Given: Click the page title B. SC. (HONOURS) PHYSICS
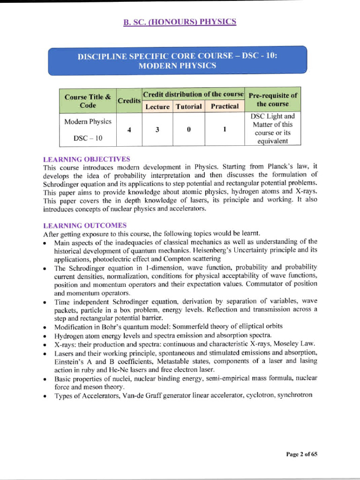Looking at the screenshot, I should point(180,22).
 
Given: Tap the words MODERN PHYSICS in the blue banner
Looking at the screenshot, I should point(177,66).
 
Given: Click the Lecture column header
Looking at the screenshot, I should point(157,106).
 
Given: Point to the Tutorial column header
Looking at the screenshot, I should point(189,106).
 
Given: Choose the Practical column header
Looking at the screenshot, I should point(225,106).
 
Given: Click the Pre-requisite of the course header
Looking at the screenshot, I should point(273,100).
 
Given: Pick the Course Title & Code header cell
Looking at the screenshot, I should point(88,101).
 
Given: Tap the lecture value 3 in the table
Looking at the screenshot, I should point(157,130).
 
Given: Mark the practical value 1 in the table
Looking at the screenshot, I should point(225,130).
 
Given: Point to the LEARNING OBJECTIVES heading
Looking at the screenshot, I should point(86,159).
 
